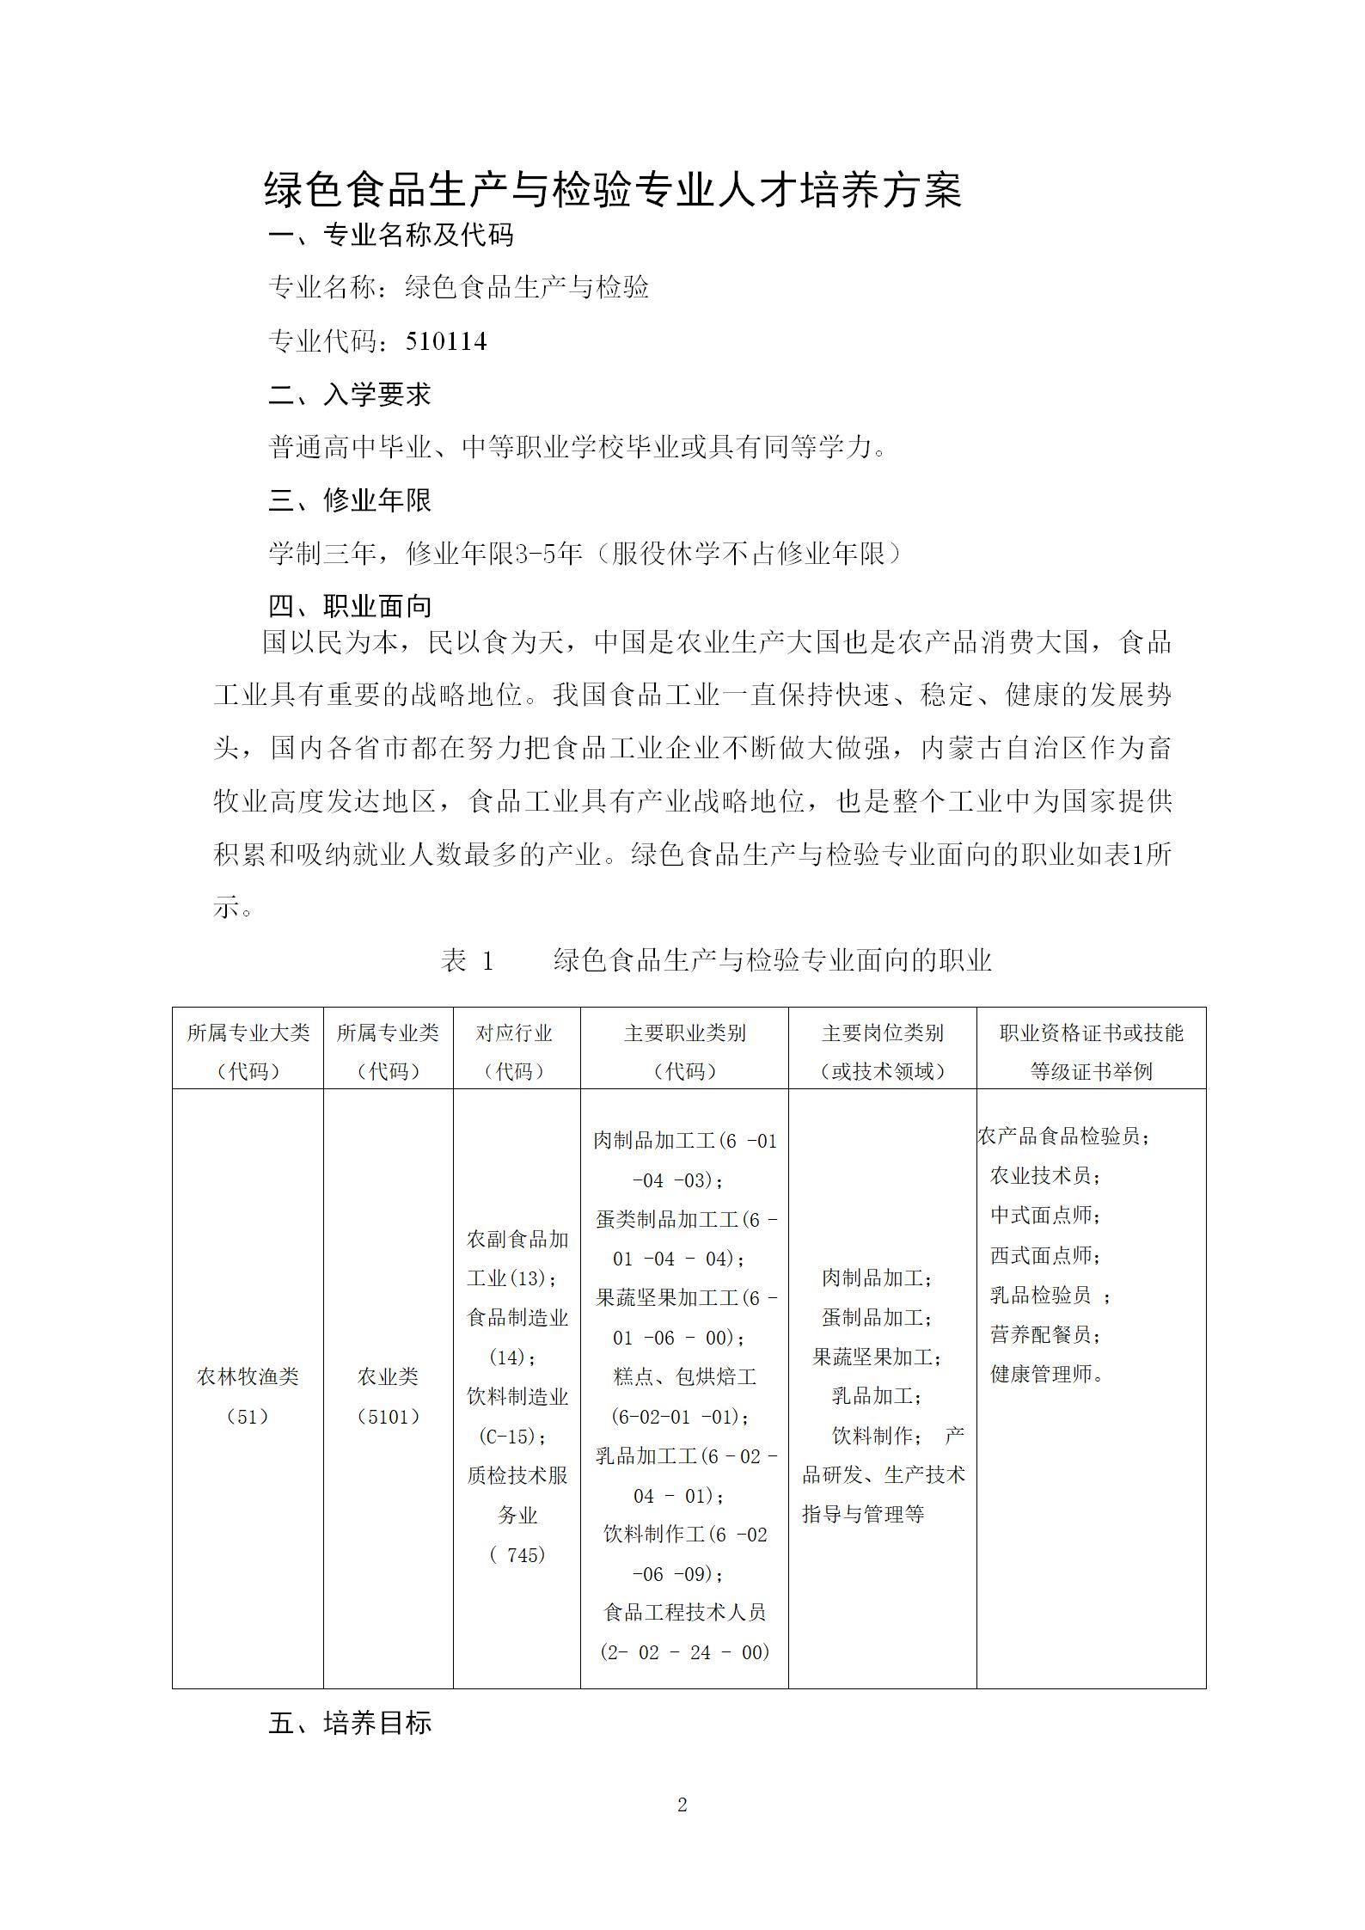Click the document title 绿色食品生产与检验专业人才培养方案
coord(613,190)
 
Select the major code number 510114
coord(446,342)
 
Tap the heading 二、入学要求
coord(350,395)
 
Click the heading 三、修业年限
coord(350,500)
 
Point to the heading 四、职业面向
coord(350,606)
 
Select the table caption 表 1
coord(468,960)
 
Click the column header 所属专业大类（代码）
coord(248,1051)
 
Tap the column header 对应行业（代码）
coord(516,1051)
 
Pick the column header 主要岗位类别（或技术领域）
coord(882,1051)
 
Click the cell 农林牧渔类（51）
coord(248,1396)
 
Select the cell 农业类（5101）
coord(389,1396)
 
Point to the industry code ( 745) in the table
coord(517,1554)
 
